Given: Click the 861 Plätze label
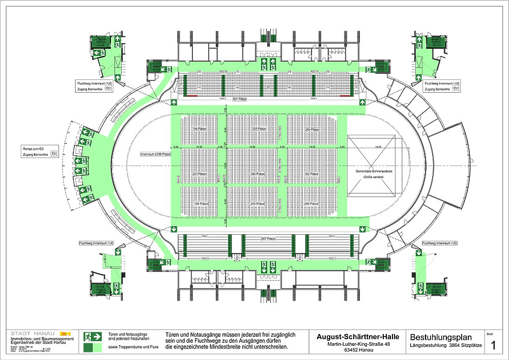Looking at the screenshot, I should (240, 99).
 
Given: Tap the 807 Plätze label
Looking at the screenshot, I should (268, 238).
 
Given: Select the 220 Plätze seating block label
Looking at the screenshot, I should (199, 174).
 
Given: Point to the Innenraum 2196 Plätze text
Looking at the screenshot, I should (155, 153).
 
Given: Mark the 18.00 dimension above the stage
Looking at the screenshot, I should (377, 147).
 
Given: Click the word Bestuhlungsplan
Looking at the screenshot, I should (441, 337).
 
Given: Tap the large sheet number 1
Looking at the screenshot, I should (493, 346).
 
